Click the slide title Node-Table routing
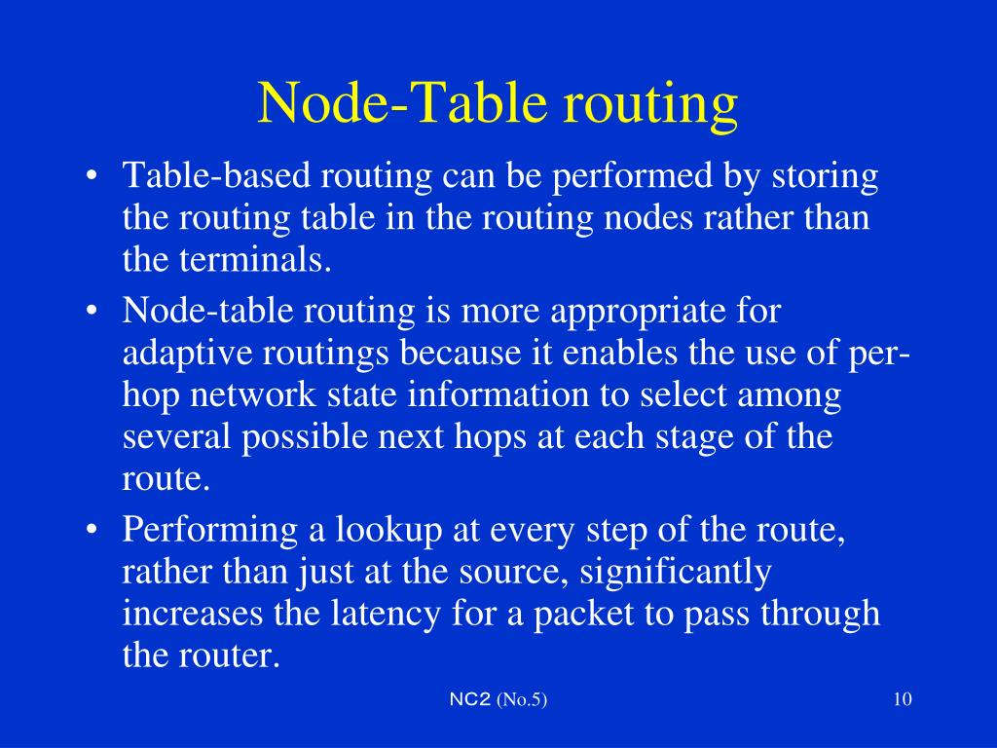498,104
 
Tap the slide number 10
901,700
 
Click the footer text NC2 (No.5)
498,700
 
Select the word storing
826,178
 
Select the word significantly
675,573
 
